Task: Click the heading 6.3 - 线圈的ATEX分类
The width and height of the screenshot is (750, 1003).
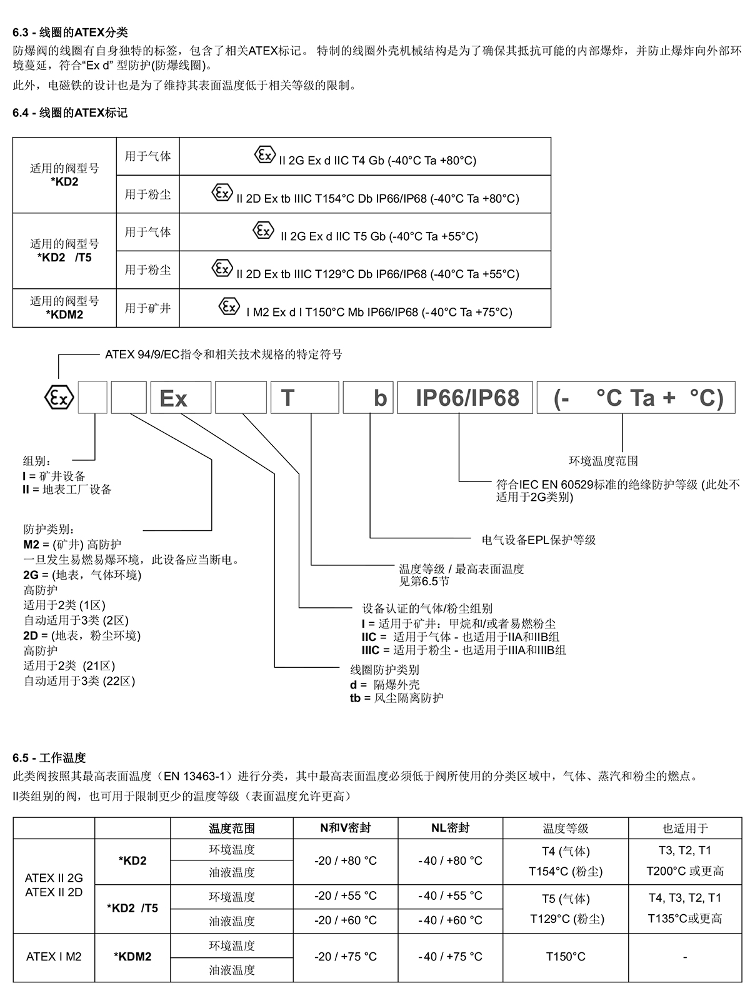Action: click(x=70, y=33)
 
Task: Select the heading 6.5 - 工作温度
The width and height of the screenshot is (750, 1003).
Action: click(x=49, y=758)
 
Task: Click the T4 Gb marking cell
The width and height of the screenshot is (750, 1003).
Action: click(x=365, y=156)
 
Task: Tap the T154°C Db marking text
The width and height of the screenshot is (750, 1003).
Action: click(x=377, y=198)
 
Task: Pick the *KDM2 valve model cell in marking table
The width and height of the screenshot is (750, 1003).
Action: click(x=64, y=308)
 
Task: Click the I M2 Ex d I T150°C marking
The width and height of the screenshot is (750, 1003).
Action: click(x=379, y=312)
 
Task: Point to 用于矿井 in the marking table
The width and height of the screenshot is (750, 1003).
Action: click(x=147, y=308)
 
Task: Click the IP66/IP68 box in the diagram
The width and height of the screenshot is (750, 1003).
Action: click(x=465, y=398)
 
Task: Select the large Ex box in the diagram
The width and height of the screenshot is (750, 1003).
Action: click(x=181, y=398)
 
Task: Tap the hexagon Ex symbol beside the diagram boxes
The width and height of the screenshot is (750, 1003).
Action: click(x=59, y=397)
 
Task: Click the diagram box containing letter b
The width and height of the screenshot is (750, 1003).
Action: click(x=368, y=398)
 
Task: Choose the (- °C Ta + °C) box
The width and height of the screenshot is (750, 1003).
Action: click(x=636, y=398)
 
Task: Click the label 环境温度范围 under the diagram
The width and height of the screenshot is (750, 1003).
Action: click(x=603, y=461)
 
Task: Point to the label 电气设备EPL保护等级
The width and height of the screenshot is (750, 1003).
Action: click(x=539, y=540)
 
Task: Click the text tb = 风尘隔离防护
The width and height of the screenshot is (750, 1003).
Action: click(x=396, y=698)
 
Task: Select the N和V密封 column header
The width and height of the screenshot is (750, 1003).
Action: click(x=345, y=827)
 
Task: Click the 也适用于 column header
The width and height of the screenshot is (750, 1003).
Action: click(x=685, y=827)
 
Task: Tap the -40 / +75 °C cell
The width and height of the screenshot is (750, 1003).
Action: click(x=451, y=956)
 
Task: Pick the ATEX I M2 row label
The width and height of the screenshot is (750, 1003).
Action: click(x=54, y=956)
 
